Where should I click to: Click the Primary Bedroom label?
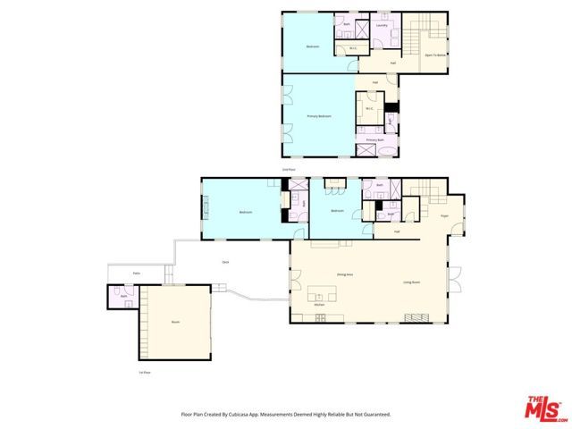[319, 116]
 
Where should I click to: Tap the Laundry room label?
[381, 26]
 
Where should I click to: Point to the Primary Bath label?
[375, 140]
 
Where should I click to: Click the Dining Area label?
[343, 275]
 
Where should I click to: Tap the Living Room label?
[411, 282]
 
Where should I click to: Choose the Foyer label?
[444, 214]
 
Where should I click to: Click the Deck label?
[225, 261]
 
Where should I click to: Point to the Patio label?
[137, 273]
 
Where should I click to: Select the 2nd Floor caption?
[288, 168]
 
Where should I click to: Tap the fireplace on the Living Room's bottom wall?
[417, 318]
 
